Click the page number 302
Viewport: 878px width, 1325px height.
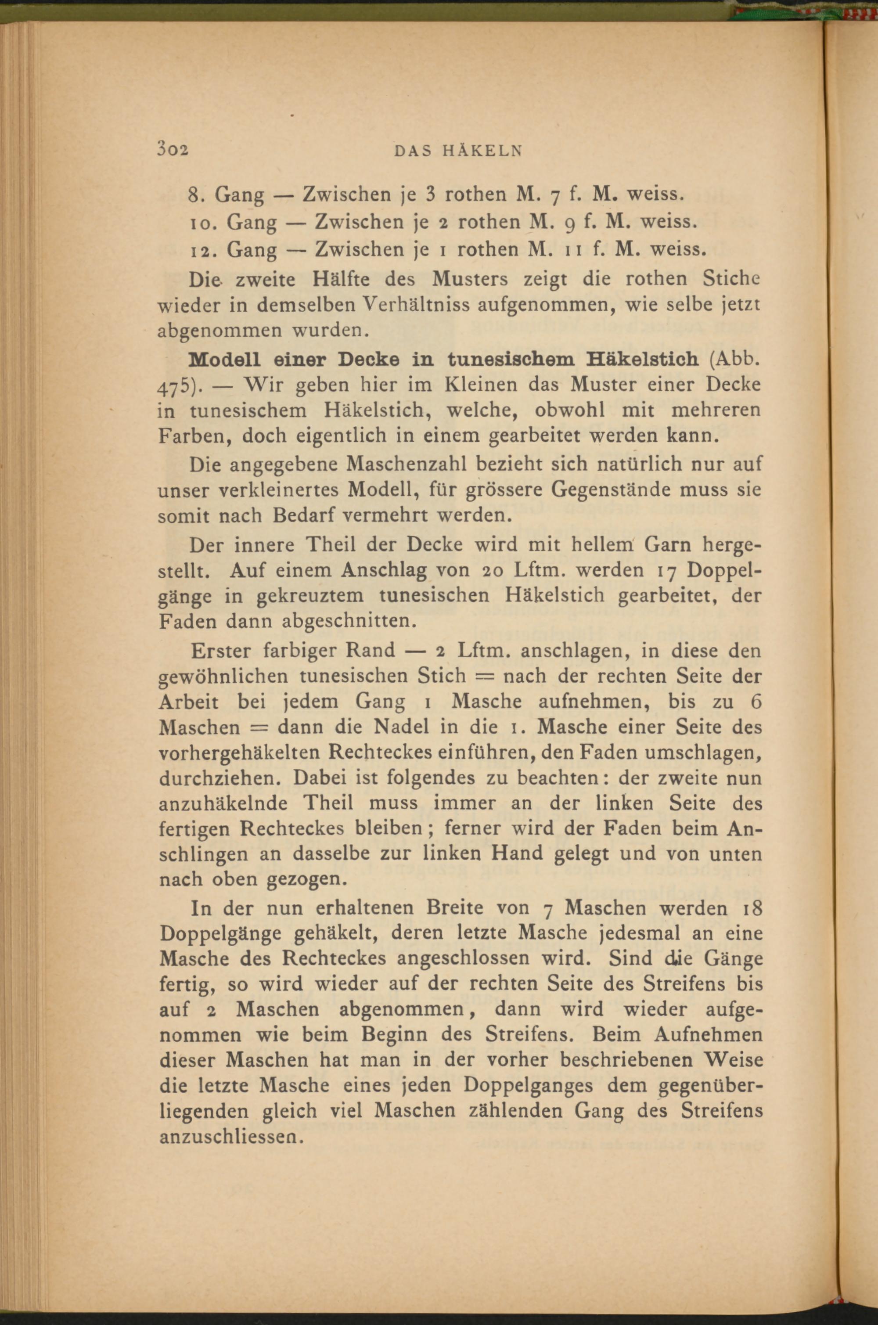(173, 150)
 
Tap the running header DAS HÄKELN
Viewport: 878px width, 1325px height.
(457, 151)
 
